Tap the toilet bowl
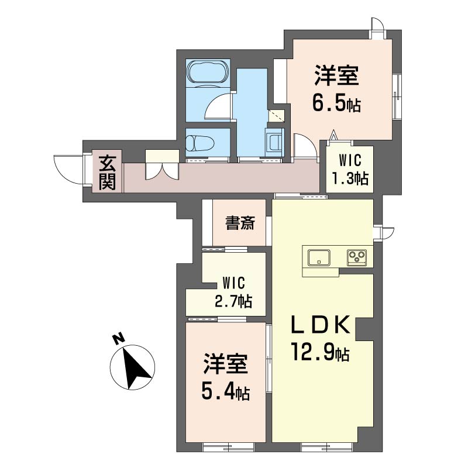click(x=200, y=143)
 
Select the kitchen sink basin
click(x=319, y=257)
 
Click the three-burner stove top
click(x=356, y=257)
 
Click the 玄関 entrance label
click(x=107, y=172)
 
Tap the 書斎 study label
click(x=240, y=223)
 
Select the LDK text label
click(x=321, y=325)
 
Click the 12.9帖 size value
click(x=320, y=353)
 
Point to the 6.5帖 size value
click(x=336, y=104)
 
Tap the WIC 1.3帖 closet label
click(x=350, y=170)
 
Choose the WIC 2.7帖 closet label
click(x=233, y=292)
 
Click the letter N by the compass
click(x=119, y=339)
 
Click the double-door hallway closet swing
click(x=162, y=171)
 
